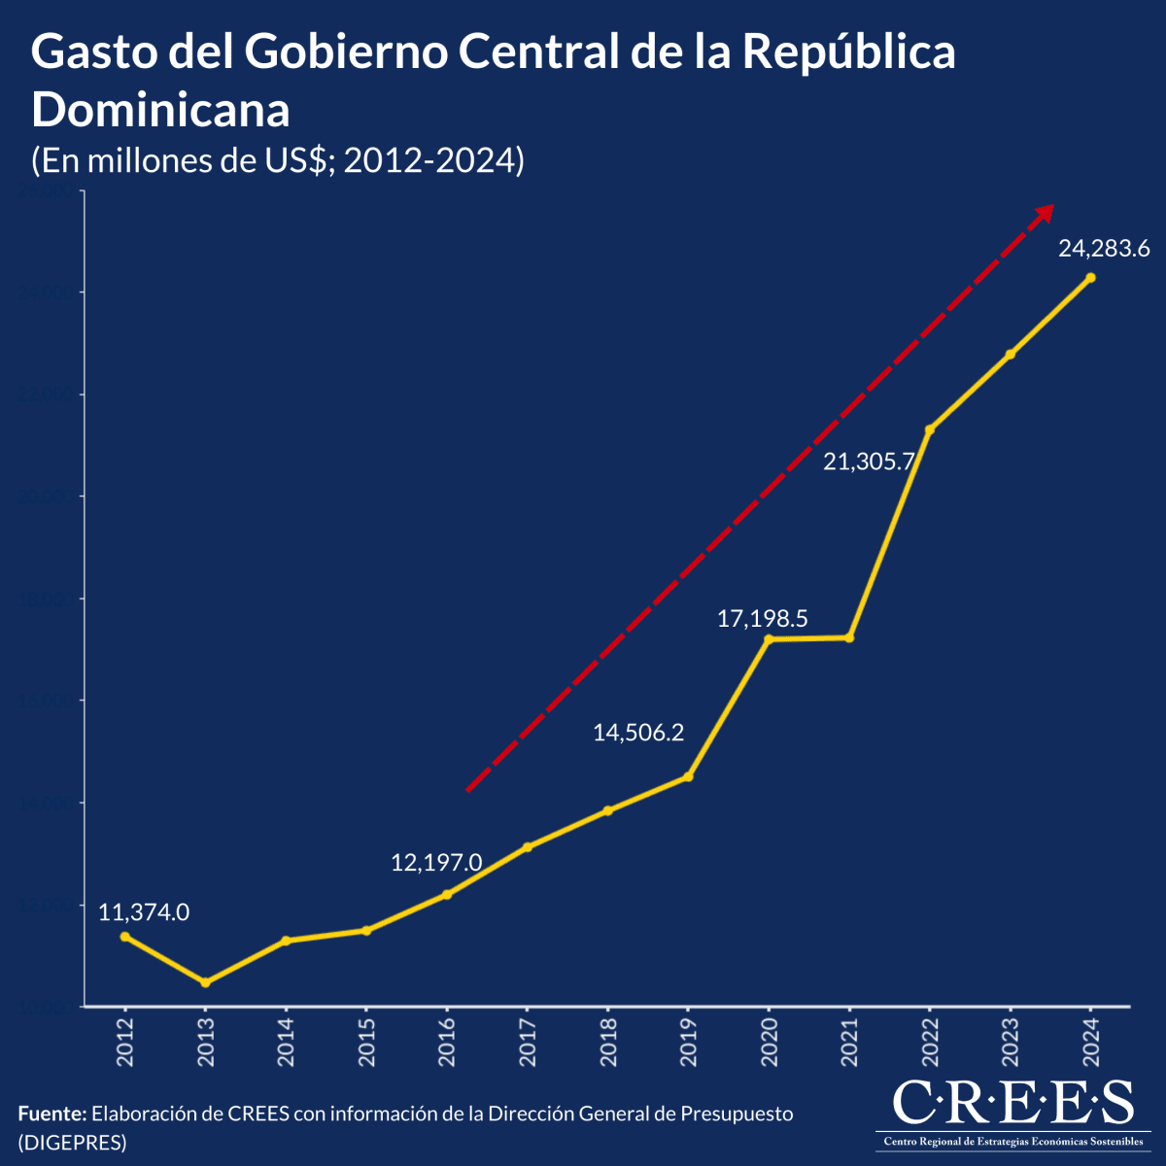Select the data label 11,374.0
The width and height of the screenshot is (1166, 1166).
click(144, 912)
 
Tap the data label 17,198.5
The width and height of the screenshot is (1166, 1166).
click(763, 619)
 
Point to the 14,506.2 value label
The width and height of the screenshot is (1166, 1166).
click(638, 733)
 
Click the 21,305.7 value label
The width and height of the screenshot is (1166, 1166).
click(869, 463)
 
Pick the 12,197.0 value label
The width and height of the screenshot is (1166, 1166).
click(436, 862)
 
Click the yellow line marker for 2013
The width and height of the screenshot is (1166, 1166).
click(205, 982)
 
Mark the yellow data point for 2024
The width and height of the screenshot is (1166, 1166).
click(1090, 278)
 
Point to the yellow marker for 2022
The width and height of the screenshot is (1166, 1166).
click(929, 429)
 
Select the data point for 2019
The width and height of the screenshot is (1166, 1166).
click(688, 776)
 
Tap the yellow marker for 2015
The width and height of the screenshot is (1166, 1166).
click(366, 931)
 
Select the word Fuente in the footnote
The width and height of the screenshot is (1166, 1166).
click(51, 1114)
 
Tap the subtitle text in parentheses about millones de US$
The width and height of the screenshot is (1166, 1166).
click(278, 160)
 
